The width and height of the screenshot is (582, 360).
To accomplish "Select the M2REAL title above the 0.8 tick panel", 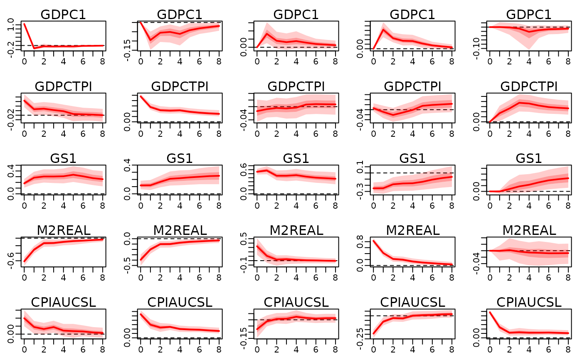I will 412,230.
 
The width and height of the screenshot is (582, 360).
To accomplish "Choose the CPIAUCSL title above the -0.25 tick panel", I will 412,302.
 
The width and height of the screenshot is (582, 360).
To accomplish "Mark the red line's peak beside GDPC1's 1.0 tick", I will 24,24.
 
